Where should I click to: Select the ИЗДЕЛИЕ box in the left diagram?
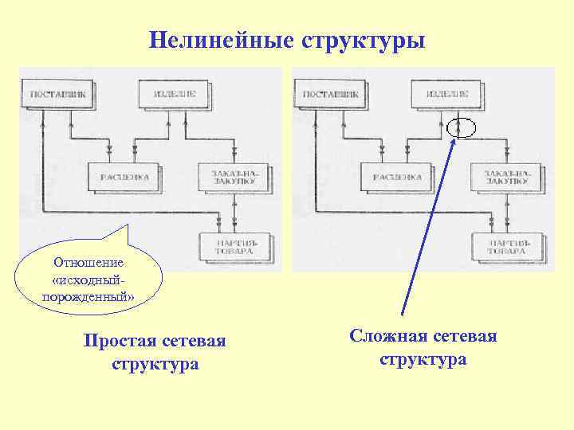point(174,93)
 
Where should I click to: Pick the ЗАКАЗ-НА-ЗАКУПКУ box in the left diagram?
point(233,176)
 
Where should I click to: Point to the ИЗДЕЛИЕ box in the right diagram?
point(446,93)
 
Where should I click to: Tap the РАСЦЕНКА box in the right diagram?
point(396,177)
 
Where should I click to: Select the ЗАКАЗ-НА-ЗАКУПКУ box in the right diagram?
point(505,176)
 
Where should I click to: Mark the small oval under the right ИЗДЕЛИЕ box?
point(461,127)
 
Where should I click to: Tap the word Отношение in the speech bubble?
point(88,262)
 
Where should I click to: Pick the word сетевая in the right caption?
point(462,337)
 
